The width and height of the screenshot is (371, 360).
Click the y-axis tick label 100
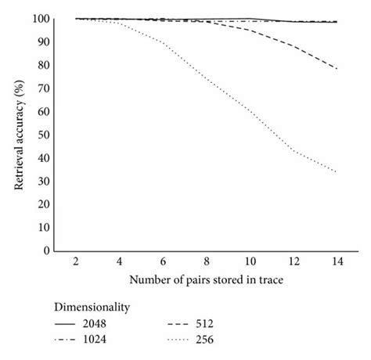pos(42,19)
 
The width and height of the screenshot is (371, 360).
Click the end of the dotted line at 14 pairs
pos(337,172)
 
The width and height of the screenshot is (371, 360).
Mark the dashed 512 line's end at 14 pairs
pos(337,69)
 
